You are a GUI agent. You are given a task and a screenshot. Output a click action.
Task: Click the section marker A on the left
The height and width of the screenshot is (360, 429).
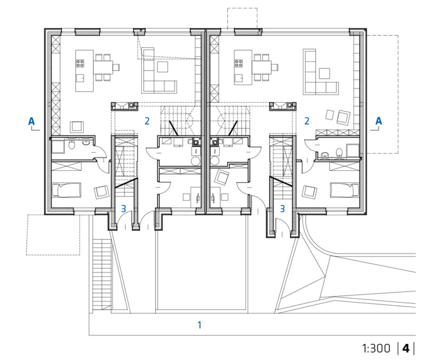click(x=32, y=121)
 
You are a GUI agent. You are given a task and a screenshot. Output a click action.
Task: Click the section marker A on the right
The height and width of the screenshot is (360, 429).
click(x=378, y=121)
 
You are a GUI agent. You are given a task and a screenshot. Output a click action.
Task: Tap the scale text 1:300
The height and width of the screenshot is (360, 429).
click(x=376, y=349)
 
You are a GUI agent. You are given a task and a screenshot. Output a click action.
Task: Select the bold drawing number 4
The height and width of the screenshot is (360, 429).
click(x=406, y=349)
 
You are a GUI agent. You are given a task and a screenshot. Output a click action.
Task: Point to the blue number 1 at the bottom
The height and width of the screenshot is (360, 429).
click(x=200, y=325)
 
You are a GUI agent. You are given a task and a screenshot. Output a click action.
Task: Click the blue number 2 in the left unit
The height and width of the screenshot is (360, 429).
click(x=147, y=121)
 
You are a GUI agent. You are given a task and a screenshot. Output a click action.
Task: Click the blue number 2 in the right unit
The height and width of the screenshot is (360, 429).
click(x=307, y=121)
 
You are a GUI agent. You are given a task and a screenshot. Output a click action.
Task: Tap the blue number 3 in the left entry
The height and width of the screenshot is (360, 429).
click(x=124, y=209)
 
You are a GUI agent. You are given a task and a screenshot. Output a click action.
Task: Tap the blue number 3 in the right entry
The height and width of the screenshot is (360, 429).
click(x=282, y=209)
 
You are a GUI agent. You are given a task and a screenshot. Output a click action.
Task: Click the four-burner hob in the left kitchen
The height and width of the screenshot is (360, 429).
click(x=80, y=63)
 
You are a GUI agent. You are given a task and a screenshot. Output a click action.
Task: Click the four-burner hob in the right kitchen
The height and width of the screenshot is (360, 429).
click(x=238, y=63)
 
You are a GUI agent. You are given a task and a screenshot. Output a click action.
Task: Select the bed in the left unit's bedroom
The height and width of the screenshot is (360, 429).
click(x=66, y=190)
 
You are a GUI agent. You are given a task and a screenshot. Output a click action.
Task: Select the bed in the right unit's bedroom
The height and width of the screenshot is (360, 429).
click(x=345, y=190)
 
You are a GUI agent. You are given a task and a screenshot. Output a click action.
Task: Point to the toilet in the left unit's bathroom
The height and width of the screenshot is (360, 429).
click(x=71, y=144)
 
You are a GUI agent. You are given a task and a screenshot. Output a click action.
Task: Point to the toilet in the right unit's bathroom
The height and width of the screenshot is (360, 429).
click(x=339, y=153)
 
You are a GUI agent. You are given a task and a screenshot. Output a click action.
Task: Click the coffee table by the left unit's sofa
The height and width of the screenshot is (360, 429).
click(x=162, y=67)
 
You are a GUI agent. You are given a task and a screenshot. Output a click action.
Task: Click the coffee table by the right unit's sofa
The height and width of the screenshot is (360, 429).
click(x=324, y=73)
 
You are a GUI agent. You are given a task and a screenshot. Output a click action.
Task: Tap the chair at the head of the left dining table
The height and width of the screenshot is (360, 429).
click(x=116, y=67)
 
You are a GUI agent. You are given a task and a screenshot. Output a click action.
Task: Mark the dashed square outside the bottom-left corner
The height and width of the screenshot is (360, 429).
click(x=53, y=235)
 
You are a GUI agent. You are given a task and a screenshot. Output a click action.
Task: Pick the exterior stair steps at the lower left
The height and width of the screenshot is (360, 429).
click(x=102, y=274)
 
